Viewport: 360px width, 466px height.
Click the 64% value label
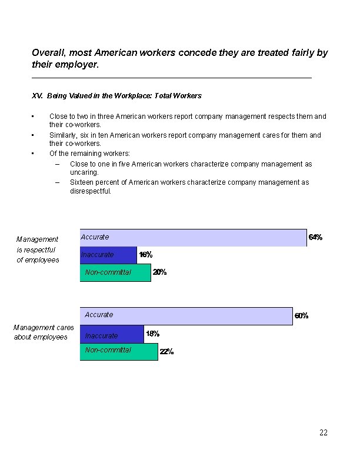(315, 237)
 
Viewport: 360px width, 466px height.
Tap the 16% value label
(145, 255)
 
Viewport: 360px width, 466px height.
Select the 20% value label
(159, 272)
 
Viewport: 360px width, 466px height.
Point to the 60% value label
(301, 315)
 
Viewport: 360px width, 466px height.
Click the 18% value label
(152, 334)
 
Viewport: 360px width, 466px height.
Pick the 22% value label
(166, 352)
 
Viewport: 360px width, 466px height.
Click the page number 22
(323, 432)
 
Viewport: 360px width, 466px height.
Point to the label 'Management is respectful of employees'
(38, 249)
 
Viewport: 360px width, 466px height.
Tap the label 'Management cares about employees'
(41, 332)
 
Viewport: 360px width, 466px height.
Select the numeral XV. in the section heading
(37, 95)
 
